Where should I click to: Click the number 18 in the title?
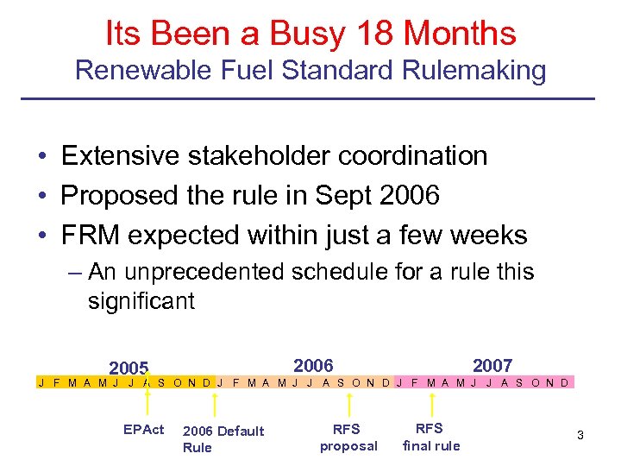[x=372, y=34]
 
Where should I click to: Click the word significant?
[x=141, y=301]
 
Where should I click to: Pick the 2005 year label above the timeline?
[x=129, y=368]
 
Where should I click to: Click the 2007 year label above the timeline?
[x=492, y=365]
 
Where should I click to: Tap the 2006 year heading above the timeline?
[x=313, y=365]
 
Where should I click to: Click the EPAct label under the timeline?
[x=143, y=429]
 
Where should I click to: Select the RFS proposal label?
[x=348, y=438]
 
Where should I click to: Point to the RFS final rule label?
[x=431, y=438]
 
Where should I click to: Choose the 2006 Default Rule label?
[x=223, y=438]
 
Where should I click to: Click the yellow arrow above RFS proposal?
[x=348, y=402]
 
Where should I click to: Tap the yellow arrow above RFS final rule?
[x=434, y=402]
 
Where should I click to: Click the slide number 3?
[x=580, y=435]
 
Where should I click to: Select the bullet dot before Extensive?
[x=42, y=157]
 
